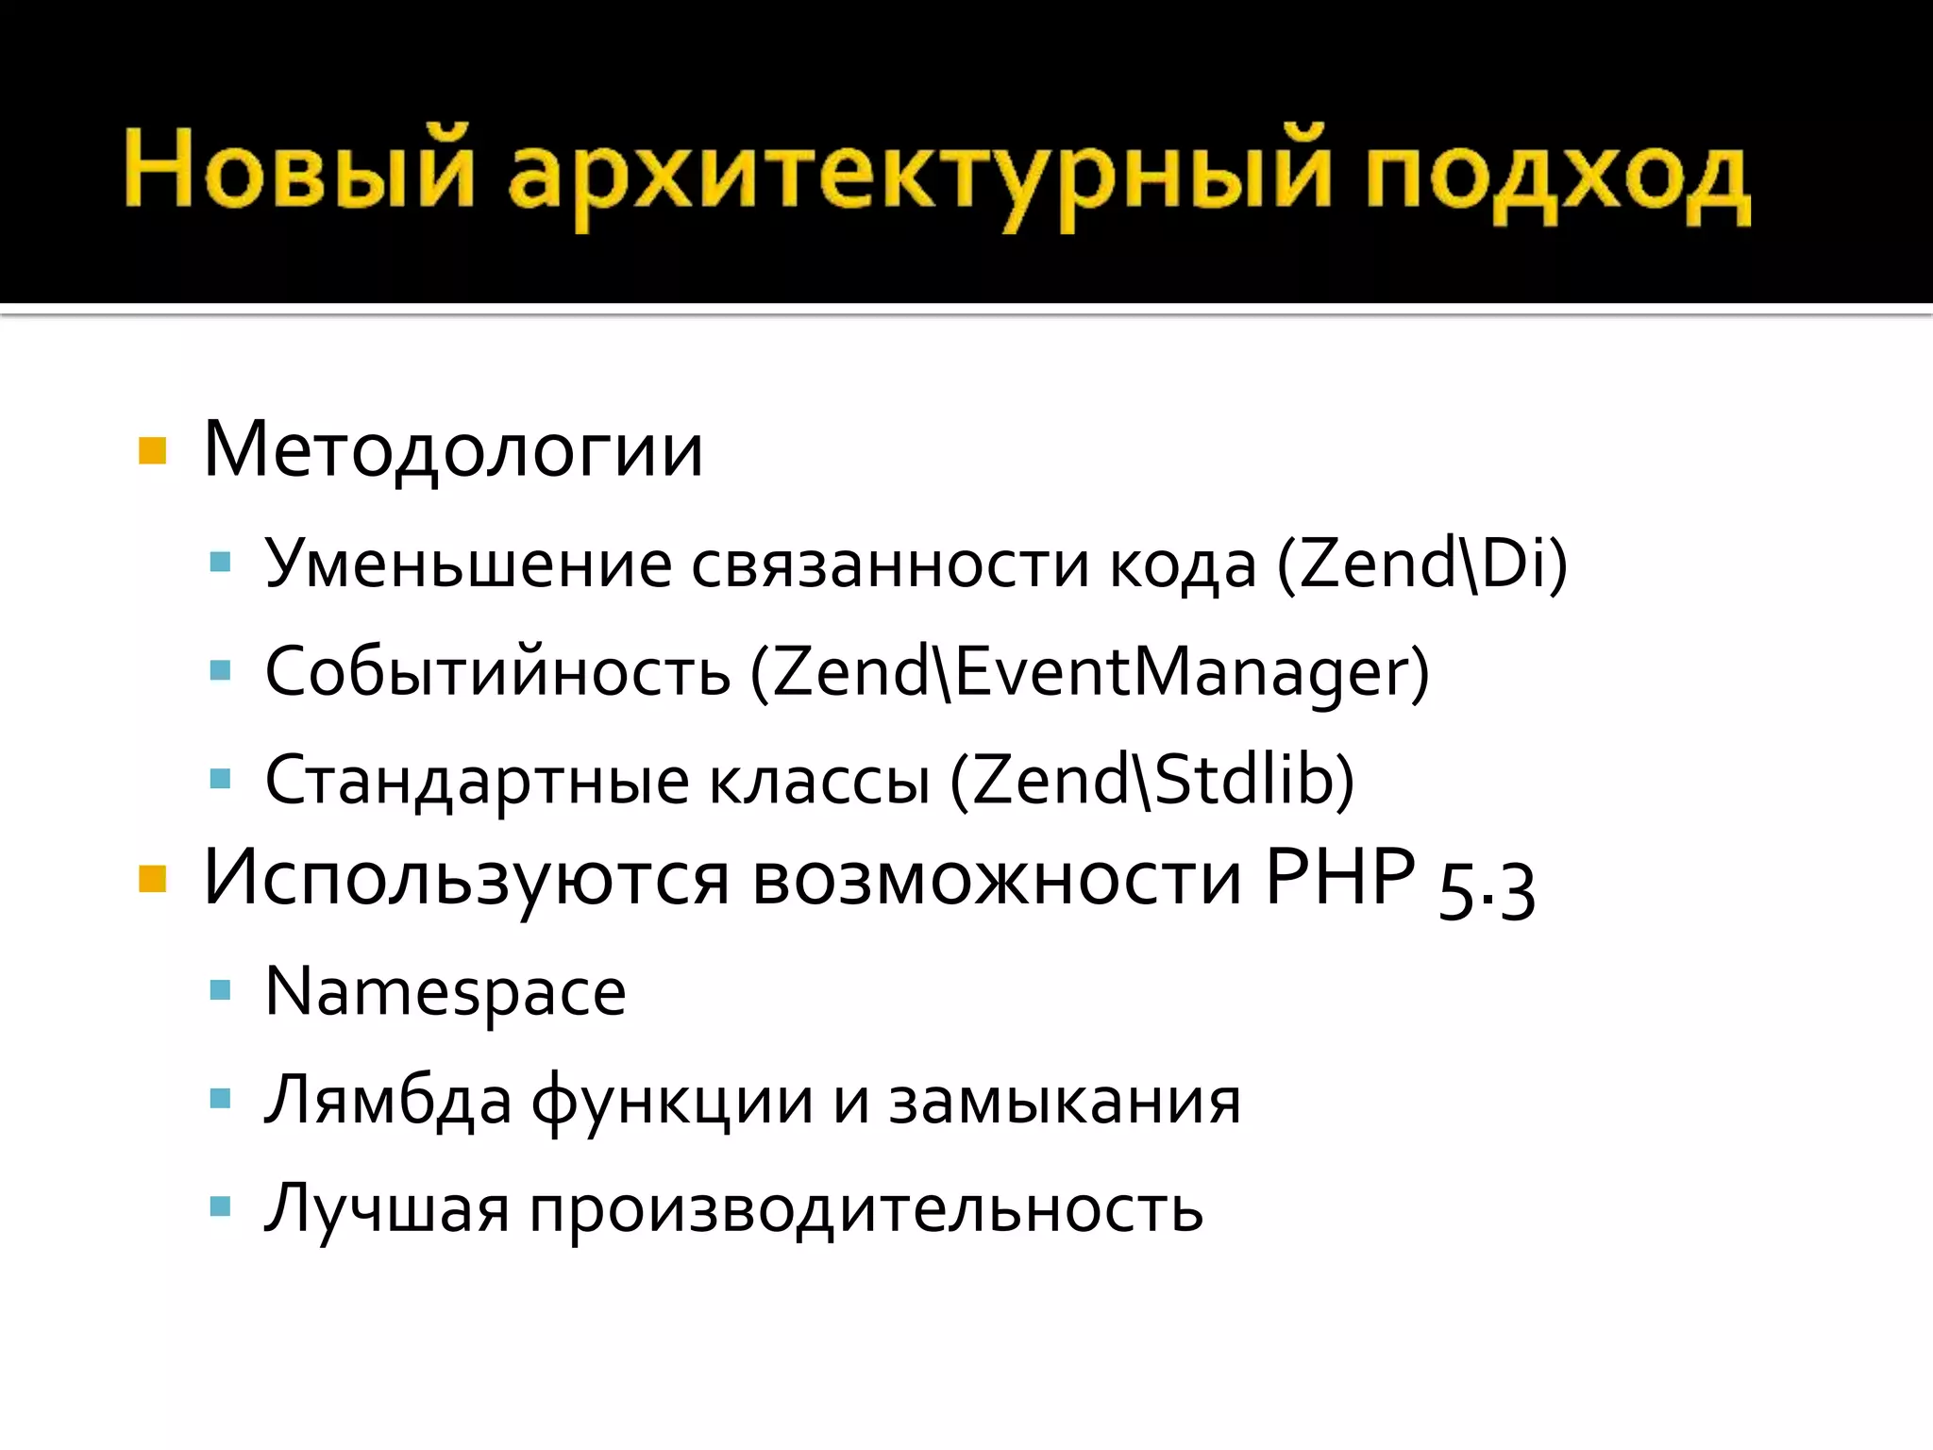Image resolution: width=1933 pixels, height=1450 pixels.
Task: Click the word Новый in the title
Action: tap(297, 171)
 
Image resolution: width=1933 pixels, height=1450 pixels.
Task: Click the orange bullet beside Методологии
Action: tap(152, 451)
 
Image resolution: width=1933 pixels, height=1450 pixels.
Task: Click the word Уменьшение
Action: tap(468, 565)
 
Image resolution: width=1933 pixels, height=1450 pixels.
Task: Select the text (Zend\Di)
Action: tap(1421, 565)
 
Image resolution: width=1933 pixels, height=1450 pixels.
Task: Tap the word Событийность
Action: tap(497, 672)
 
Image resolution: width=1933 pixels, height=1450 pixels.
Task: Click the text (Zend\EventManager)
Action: tap(1090, 672)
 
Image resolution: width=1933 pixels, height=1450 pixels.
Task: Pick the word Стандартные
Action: tap(477, 781)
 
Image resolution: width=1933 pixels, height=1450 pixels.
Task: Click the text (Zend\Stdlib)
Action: tap(1151, 781)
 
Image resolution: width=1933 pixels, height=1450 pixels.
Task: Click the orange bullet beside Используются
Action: tap(152, 879)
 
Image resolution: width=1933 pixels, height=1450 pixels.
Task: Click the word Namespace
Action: tap(445, 992)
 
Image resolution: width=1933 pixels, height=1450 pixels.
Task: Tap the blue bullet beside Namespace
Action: tap(221, 990)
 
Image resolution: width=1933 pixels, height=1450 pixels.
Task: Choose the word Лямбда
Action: tap(388, 1101)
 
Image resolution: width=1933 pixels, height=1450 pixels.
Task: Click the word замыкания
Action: tap(1065, 1101)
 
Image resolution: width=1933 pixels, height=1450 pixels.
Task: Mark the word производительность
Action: tap(866, 1209)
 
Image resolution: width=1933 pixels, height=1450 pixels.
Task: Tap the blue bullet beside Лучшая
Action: tap(221, 1206)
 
